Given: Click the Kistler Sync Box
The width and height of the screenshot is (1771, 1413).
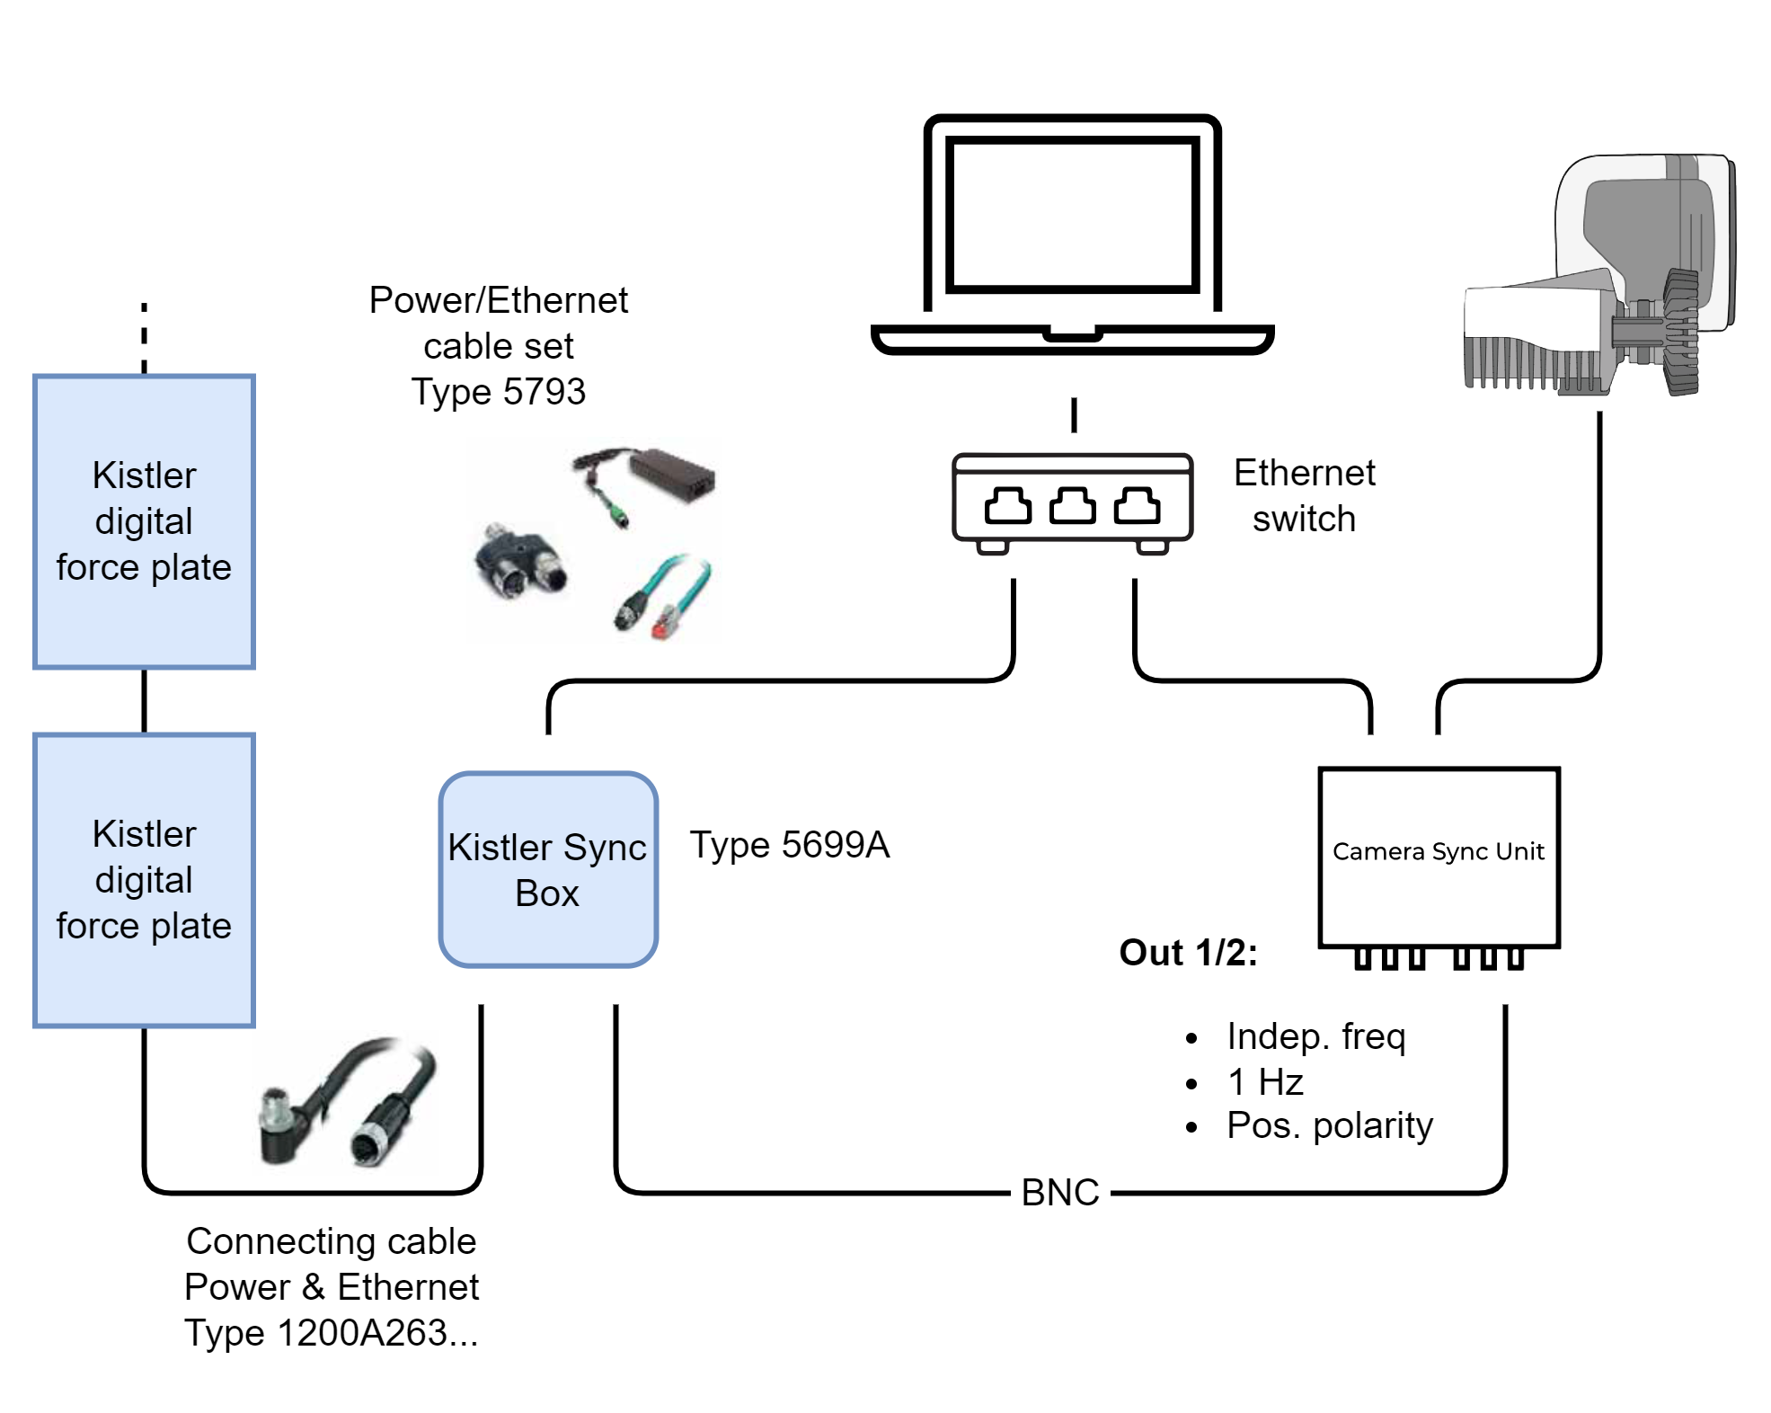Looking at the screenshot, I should tap(548, 869).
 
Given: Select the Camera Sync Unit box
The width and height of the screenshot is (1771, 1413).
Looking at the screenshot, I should tap(1438, 856).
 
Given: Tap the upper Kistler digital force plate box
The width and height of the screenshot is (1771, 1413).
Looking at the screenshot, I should tap(144, 521).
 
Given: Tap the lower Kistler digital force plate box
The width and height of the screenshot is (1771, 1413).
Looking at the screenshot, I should tap(144, 880).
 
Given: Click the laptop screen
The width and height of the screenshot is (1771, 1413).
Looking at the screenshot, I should tap(1072, 215).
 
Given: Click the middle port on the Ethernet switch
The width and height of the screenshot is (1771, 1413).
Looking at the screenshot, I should tap(1072, 505).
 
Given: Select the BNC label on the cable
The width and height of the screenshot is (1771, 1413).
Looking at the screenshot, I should tap(1060, 1193).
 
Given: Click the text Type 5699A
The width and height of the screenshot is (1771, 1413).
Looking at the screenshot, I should tap(789, 845).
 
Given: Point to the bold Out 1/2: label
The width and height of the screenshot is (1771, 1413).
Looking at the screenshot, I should tap(1188, 953).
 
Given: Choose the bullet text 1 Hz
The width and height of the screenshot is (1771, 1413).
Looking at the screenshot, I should tap(1264, 1081).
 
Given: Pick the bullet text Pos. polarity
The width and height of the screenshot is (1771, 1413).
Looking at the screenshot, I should tap(1329, 1125).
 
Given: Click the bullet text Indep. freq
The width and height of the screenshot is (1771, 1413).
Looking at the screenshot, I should tap(1315, 1036).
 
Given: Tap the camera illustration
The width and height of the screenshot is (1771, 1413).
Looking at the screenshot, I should tap(1599, 279).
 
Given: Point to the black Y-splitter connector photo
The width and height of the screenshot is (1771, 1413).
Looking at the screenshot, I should tap(521, 562).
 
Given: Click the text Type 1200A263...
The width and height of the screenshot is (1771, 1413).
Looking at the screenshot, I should tap(331, 1333).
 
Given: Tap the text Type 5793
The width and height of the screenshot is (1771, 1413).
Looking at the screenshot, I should tap(498, 392).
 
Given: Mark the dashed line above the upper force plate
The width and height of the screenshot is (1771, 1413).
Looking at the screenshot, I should tap(144, 337).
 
